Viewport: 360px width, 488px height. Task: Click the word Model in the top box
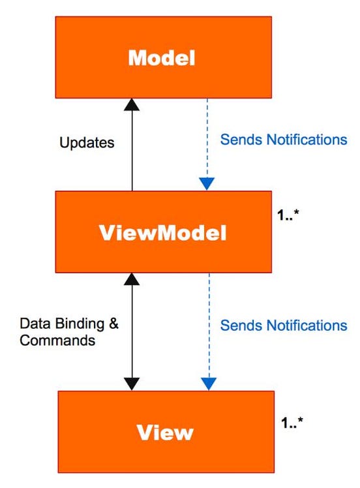[162, 57]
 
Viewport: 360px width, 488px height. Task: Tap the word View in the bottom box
[165, 431]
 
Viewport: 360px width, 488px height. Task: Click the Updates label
[87, 142]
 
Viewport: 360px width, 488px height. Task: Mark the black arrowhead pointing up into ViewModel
[132, 280]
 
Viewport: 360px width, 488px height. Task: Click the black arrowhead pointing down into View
[132, 384]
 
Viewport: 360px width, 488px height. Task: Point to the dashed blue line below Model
[207, 137]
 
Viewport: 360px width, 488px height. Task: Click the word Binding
[78, 324]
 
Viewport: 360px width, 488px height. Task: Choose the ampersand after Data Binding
[112, 324]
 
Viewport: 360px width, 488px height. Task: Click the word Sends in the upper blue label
[237, 140]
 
